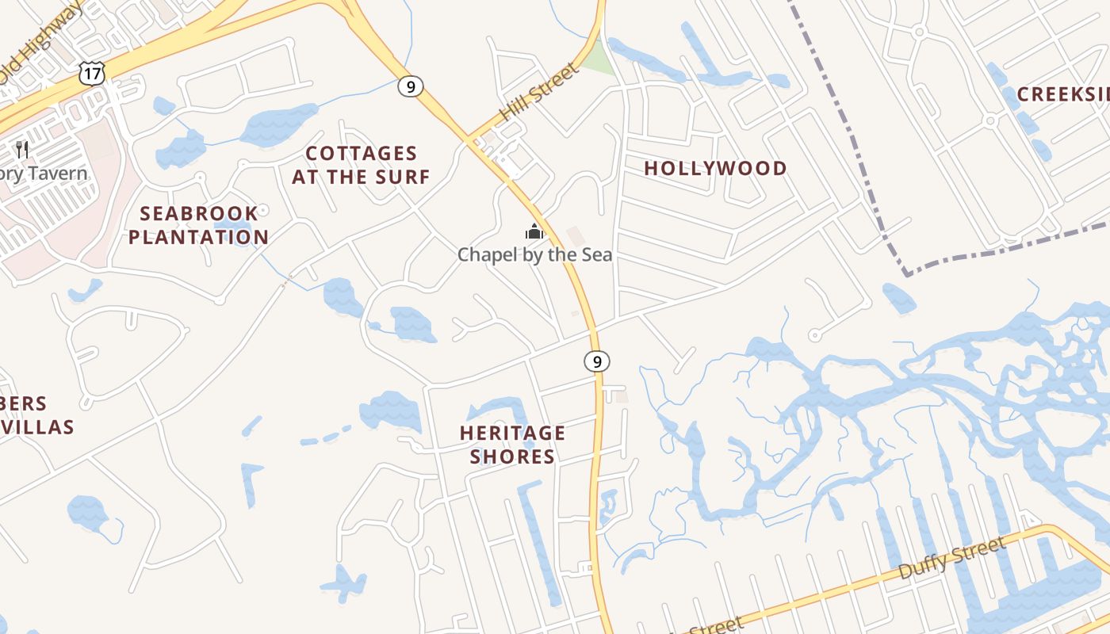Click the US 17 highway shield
(92, 74)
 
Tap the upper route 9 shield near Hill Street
(410, 86)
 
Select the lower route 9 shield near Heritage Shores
(597, 361)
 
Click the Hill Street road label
(539, 93)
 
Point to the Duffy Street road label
(953, 559)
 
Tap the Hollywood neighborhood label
(715, 168)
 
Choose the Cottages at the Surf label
(361, 165)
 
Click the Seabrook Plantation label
(198, 225)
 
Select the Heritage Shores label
(513, 445)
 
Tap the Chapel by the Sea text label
(535, 254)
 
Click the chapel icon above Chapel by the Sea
(534, 232)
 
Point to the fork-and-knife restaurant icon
(22, 149)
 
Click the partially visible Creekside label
(1062, 94)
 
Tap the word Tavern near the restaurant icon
(55, 173)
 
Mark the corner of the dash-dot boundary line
(907, 274)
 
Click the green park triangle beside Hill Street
(602, 59)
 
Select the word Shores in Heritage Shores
(513, 456)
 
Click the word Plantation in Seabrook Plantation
(198, 237)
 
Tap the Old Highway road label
(36, 44)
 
